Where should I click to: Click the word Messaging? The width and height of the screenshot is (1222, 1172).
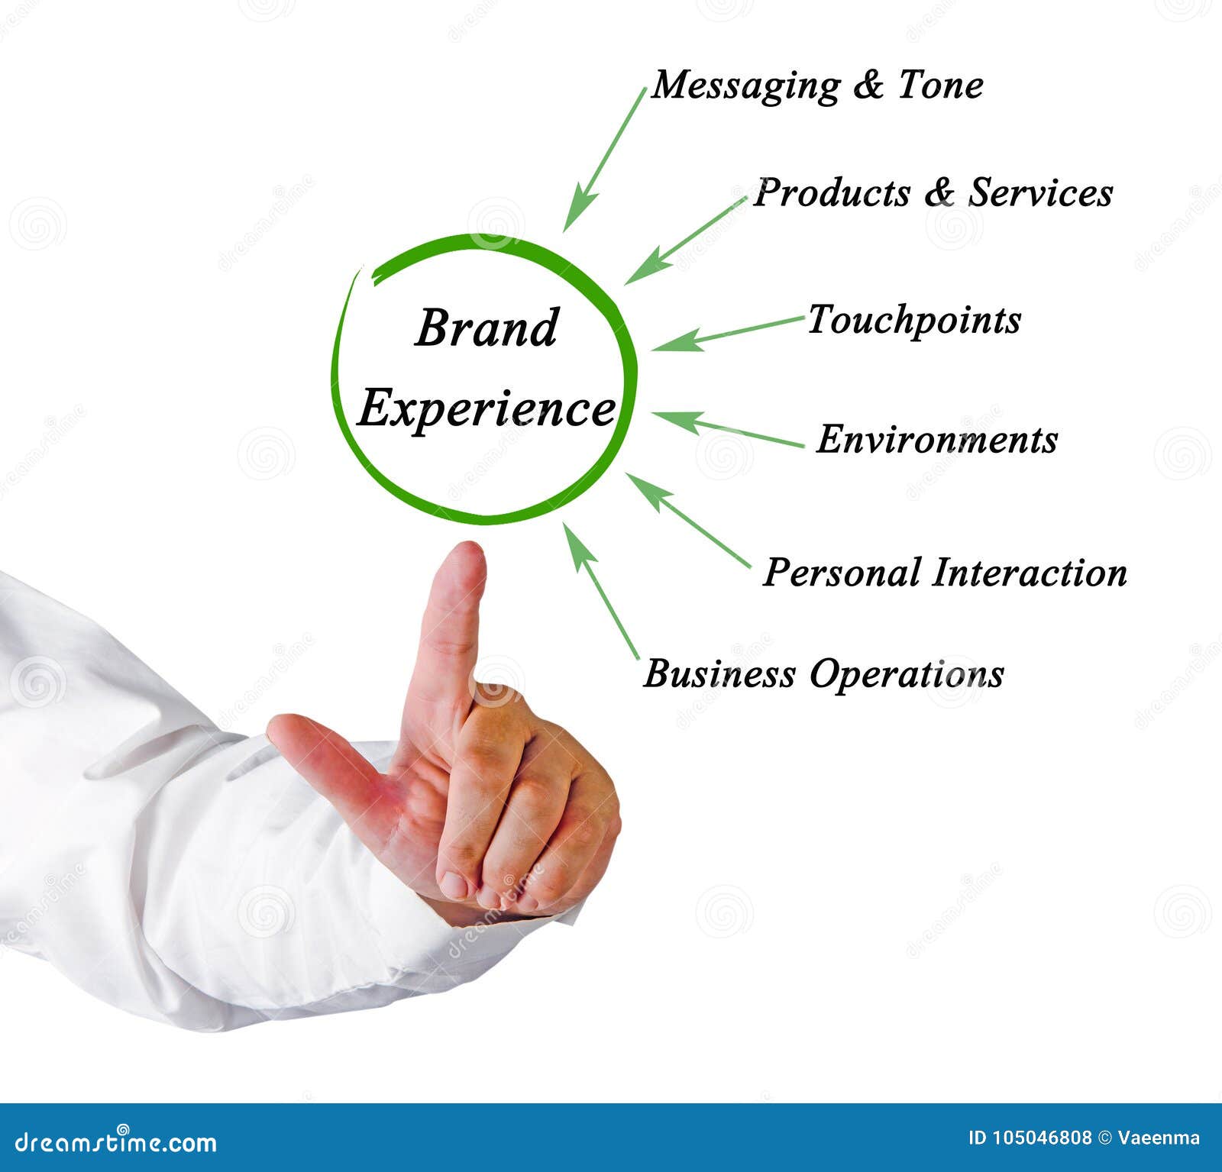(x=745, y=86)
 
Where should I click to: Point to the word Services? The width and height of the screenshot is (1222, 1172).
(x=1040, y=192)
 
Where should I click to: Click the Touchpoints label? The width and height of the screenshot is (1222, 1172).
(x=914, y=320)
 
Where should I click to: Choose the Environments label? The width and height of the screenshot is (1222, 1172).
(x=937, y=440)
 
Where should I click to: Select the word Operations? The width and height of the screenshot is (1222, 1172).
(x=907, y=675)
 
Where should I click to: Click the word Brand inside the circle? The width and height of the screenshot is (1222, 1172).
(x=487, y=328)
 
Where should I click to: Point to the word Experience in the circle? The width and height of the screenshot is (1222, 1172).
(x=487, y=408)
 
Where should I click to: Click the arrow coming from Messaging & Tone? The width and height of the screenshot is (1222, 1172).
(x=604, y=160)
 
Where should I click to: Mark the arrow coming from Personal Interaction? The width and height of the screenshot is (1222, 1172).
(x=687, y=520)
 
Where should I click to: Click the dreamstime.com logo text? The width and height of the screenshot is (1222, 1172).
(x=116, y=1142)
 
